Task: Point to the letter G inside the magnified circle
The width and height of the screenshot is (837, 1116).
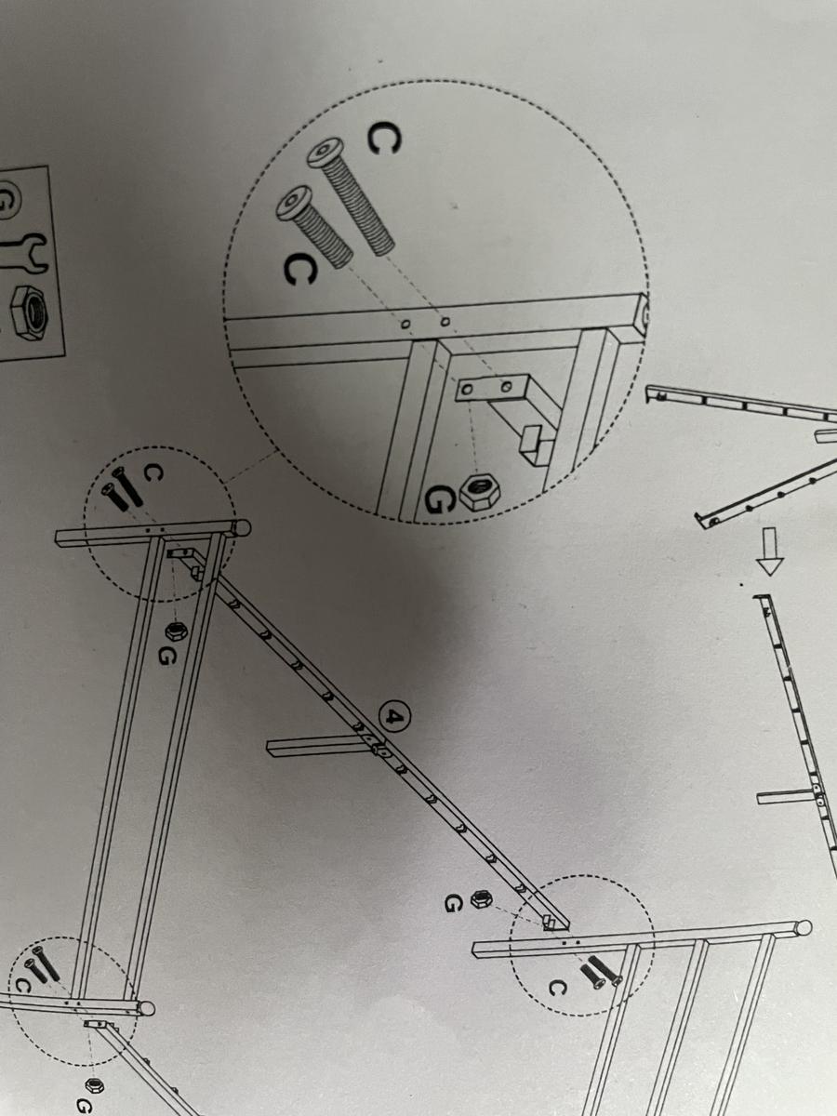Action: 437,499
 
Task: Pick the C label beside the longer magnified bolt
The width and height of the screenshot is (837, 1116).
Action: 382,140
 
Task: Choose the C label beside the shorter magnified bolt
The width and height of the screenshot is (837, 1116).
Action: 299,269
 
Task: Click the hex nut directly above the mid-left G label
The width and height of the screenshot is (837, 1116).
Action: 174,631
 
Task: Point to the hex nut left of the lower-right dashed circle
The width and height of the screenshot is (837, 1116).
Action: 481,898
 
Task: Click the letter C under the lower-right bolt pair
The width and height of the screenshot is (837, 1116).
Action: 555,989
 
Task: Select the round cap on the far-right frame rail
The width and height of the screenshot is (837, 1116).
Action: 804,927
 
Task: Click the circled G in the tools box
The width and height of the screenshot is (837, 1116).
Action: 7,201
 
